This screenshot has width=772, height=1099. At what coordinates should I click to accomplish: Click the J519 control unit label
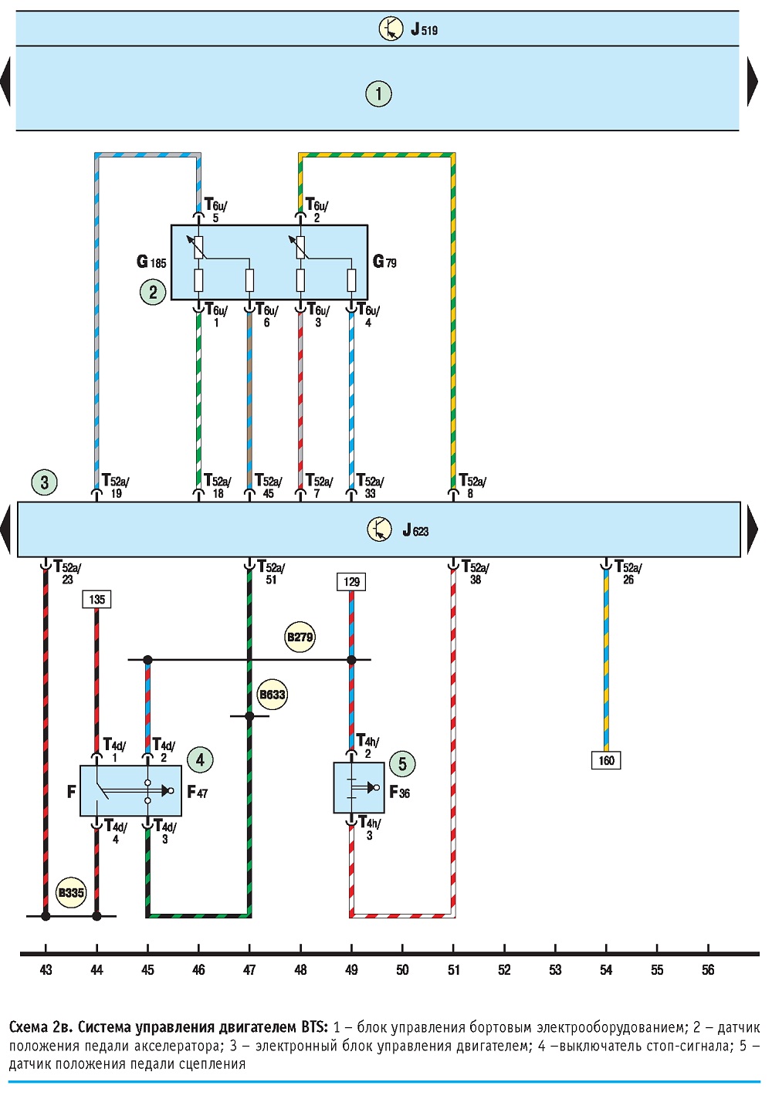[x=424, y=29]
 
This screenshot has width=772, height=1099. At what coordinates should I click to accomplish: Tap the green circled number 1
[x=378, y=93]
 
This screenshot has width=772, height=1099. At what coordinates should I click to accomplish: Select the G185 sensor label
[x=151, y=262]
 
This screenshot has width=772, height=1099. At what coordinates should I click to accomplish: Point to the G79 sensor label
[x=384, y=262]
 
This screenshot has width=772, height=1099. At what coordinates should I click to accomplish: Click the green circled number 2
[x=153, y=293]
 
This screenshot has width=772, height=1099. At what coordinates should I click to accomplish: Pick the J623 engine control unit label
[x=415, y=530]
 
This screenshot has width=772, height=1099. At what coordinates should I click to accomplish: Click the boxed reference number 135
[x=96, y=599]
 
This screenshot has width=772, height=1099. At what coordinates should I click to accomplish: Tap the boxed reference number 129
[x=351, y=582]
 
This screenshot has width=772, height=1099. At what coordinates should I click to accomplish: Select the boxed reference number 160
[x=606, y=760]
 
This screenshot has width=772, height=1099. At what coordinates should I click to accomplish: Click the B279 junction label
[x=300, y=637]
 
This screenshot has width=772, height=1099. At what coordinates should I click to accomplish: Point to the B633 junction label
[x=272, y=695]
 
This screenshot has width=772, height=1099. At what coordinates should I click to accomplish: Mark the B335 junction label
[x=71, y=892]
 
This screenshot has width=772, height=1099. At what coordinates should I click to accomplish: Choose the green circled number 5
[x=402, y=764]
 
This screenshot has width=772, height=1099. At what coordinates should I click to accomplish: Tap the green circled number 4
[x=200, y=760]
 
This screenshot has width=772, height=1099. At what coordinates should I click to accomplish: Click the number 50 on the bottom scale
[x=402, y=970]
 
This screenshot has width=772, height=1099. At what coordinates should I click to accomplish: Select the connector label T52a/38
[x=476, y=573]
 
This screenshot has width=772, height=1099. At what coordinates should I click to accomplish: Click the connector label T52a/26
[x=628, y=573]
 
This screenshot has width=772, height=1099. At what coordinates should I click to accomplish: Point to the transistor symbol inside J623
[x=379, y=529]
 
